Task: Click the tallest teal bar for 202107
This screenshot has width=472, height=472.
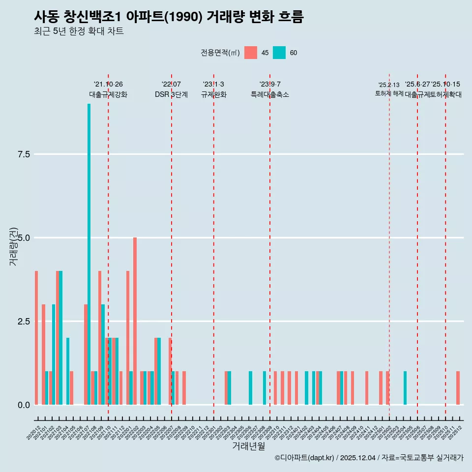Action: (x=89, y=254)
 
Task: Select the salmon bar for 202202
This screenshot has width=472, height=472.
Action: (x=135, y=321)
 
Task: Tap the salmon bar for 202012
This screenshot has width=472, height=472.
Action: (x=36, y=338)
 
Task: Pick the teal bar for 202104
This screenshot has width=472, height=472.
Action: (x=68, y=371)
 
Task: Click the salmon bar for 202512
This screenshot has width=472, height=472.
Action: (x=458, y=388)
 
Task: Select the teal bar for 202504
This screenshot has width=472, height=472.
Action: (x=405, y=388)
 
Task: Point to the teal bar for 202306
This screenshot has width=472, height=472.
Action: (x=250, y=388)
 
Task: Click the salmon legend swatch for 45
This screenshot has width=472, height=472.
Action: (x=251, y=53)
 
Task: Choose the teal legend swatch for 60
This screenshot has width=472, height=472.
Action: (x=279, y=53)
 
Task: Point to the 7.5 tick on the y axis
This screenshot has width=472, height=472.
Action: (x=24, y=154)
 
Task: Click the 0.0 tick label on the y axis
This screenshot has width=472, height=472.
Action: (x=24, y=405)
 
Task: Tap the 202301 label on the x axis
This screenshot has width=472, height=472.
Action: (x=209, y=432)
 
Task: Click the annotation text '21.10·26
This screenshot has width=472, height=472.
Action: (x=108, y=85)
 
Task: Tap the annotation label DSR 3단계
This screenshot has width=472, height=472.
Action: (x=171, y=95)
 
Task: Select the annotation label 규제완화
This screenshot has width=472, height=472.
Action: (x=213, y=95)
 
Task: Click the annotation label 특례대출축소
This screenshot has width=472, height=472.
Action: (x=270, y=95)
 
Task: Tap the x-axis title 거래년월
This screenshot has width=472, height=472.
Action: (x=248, y=446)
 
